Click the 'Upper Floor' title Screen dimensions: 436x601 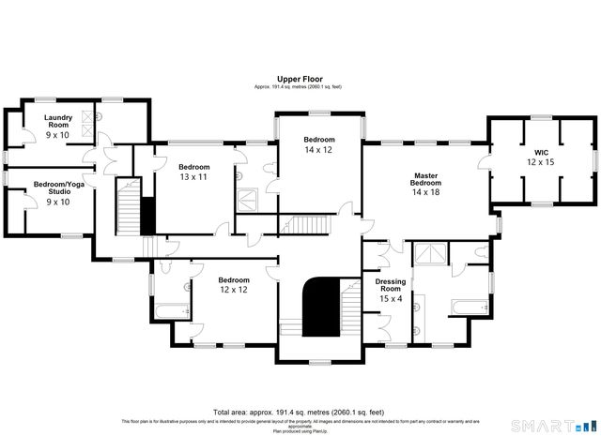coord(300,79)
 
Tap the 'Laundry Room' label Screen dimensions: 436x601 coord(58,120)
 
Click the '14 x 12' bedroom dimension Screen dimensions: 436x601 coord(318,150)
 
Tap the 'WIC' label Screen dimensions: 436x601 coord(541,152)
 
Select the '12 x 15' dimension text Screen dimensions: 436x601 coord(541,162)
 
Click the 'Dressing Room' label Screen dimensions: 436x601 coord(390,286)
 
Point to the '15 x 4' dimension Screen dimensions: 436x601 coord(390,300)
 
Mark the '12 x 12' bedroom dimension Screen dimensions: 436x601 coord(234,291)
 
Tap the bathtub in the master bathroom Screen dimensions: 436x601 coord(469,306)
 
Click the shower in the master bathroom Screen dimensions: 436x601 coord(433,254)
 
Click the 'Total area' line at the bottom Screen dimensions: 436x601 coord(300,413)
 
